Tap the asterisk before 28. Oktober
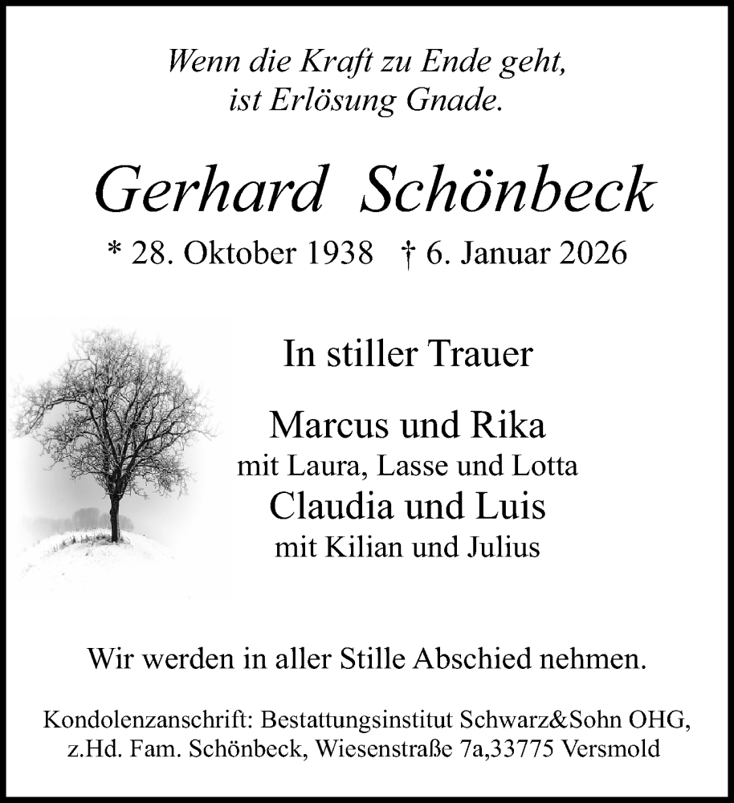(115, 252)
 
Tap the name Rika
(514, 425)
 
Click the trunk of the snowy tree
(115, 518)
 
